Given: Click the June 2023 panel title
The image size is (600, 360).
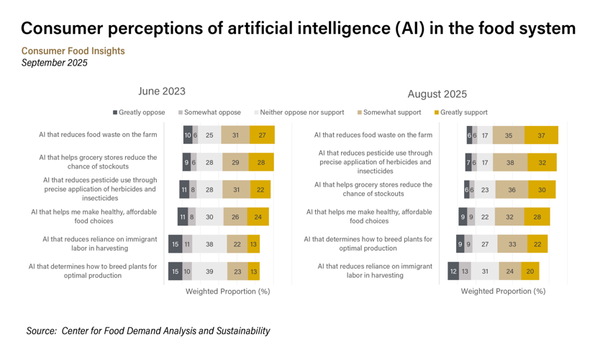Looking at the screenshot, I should pos(161,91).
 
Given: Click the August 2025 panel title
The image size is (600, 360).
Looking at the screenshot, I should pos(437,94).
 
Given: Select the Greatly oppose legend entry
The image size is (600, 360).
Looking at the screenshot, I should pos(139,112).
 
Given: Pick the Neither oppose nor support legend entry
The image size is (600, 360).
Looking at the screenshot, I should pos(302,112).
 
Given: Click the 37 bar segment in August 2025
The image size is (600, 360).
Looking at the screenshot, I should pos(541,135).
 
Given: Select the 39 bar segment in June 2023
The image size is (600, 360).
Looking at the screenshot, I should pos(209,271).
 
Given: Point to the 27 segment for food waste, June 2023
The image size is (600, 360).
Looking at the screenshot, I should pos(262,135).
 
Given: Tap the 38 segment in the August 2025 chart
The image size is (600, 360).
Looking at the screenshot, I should pos(510,163).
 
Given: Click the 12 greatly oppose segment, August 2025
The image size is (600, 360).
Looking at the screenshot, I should pos(453,271).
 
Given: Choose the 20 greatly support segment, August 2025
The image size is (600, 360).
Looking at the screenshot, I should pos(530,271).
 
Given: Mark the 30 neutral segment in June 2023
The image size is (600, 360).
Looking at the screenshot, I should pos(209,217).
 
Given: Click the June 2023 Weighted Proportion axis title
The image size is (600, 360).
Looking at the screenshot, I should pos(227,292).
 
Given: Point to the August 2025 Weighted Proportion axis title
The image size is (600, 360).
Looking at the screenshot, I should pos(503,292).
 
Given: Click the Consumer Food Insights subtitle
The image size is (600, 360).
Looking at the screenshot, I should pos(73,51).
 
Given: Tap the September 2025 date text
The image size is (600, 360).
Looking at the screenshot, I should pos(54,63).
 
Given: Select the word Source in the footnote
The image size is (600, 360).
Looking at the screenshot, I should pos(41,330).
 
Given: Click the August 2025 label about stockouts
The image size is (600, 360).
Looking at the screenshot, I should pos(373,189).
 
